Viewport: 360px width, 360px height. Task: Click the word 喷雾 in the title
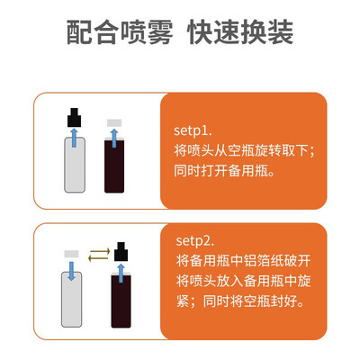click(147, 32)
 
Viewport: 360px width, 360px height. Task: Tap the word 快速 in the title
click(213, 32)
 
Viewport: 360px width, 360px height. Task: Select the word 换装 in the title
click(266, 32)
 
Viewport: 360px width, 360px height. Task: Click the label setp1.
click(193, 130)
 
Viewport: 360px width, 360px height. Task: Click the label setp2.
click(195, 241)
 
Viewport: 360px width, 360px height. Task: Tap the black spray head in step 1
click(74, 117)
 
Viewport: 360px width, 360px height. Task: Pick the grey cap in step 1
click(114, 122)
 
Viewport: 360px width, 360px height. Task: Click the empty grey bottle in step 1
click(75, 165)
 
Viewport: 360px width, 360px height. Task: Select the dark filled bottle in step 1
click(114, 165)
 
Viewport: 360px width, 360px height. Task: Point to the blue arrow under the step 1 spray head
click(75, 138)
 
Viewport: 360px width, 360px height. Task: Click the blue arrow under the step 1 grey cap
click(114, 139)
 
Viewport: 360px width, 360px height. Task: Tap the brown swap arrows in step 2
click(99, 255)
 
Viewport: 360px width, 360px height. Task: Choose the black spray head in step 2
click(121, 251)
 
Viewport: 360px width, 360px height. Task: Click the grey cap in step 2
click(71, 254)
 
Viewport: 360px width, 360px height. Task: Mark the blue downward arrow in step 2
click(71, 271)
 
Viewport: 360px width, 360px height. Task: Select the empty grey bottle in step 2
click(71, 300)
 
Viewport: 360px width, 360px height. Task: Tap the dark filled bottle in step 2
click(121, 300)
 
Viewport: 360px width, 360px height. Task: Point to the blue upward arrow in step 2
click(121, 274)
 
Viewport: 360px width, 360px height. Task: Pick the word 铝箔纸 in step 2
click(263, 261)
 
